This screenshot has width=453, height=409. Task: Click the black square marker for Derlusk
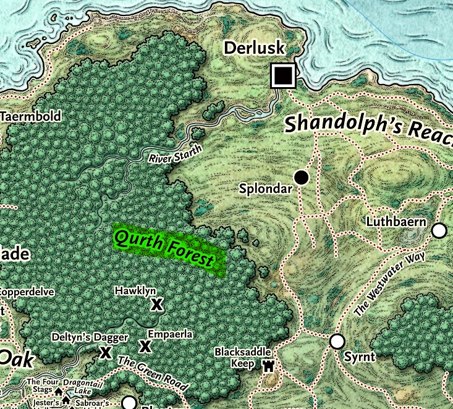283,76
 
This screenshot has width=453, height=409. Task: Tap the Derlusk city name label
254,48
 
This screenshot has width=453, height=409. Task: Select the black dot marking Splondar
301,178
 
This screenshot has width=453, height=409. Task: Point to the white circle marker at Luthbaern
439,230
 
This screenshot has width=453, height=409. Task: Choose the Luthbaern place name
396,221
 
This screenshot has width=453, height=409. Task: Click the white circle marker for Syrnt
337,341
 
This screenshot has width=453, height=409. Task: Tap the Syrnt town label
358,357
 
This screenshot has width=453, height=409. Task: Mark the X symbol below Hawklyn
157,304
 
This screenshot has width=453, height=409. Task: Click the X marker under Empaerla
145,346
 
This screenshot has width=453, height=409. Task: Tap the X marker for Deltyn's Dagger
106,352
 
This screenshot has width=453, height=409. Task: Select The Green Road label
152,374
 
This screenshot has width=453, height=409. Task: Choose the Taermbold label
31,116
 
